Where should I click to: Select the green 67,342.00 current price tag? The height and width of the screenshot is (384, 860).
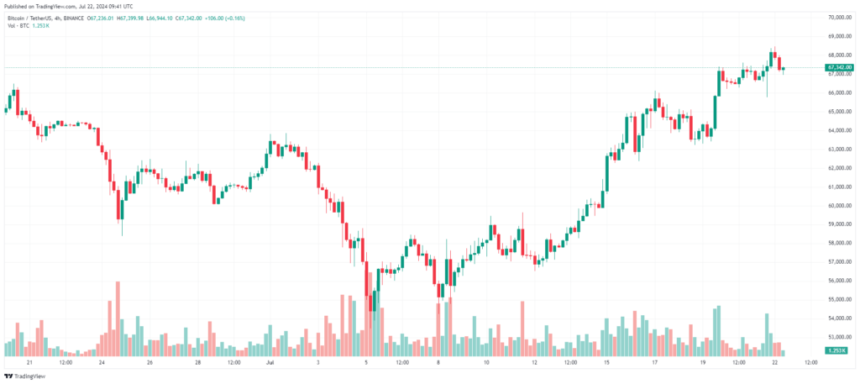pyautogui.click(x=840, y=67)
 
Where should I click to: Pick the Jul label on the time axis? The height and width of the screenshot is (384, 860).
pyautogui.click(x=270, y=363)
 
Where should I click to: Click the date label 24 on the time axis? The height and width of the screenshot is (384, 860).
pyautogui.click(x=101, y=363)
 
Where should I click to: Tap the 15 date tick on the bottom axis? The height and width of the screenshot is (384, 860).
pyautogui.click(x=606, y=363)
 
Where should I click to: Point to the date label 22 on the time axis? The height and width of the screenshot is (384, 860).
pyautogui.click(x=773, y=363)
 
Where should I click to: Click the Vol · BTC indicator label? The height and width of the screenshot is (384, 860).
pyautogui.click(x=18, y=26)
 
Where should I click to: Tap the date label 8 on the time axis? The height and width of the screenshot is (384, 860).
pyautogui.click(x=438, y=363)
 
